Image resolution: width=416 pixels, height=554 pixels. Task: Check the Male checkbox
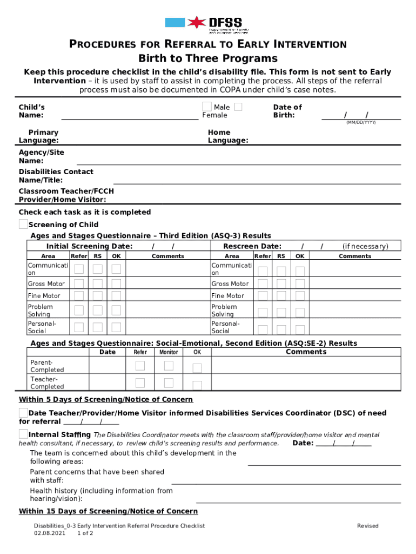207,107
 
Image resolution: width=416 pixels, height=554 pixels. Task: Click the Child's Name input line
130,115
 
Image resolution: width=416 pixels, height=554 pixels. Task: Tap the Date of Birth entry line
361,115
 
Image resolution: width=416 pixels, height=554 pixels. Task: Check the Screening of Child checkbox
23,224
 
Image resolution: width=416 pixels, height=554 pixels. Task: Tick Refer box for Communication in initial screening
79,269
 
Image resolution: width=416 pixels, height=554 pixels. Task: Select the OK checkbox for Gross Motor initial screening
116,284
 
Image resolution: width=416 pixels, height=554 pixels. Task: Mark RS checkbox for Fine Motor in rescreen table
281,296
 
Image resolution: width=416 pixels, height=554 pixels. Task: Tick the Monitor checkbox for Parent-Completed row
169,366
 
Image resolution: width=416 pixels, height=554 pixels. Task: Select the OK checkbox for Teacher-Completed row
197,385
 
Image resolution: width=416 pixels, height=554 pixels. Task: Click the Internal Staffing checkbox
23,434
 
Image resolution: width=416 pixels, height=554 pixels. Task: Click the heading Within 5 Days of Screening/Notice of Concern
106,399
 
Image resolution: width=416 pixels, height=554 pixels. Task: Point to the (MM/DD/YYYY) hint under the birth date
360,123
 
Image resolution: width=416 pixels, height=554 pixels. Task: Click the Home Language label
227,136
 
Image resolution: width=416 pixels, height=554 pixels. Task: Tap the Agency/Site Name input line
238,161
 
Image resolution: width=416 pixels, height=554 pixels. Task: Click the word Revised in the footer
367,526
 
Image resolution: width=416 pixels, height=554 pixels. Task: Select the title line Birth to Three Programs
208,58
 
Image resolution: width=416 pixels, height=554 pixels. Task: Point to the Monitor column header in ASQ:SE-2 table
169,352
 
